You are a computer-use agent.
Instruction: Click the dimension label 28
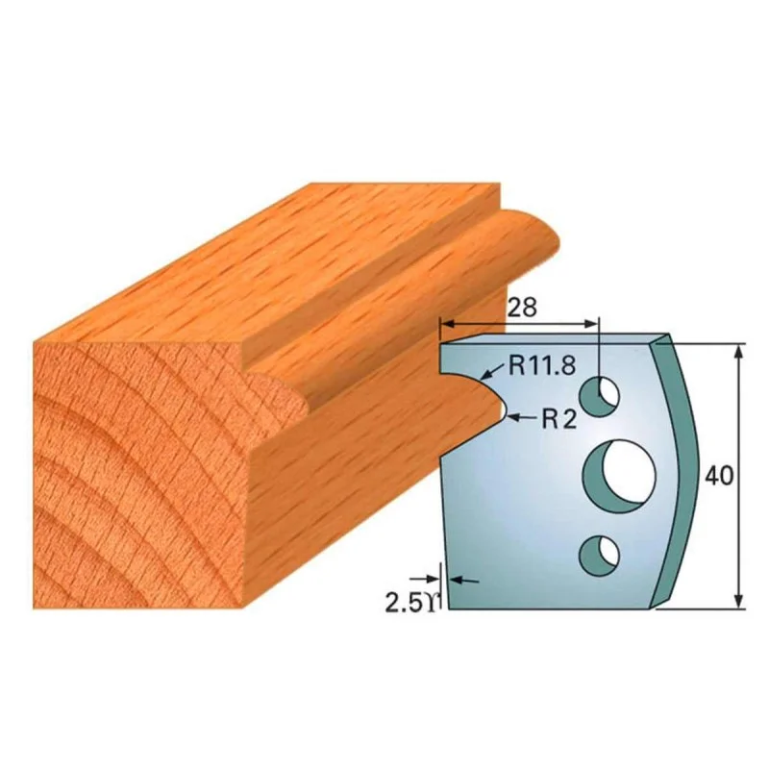point(522,308)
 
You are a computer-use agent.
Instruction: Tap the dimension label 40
point(719,475)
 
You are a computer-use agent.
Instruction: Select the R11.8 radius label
point(542,364)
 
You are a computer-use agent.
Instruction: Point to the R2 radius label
point(559,419)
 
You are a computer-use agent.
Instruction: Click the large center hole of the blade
point(619,476)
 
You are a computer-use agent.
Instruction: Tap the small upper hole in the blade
point(599,396)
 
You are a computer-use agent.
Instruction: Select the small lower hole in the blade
point(599,556)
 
